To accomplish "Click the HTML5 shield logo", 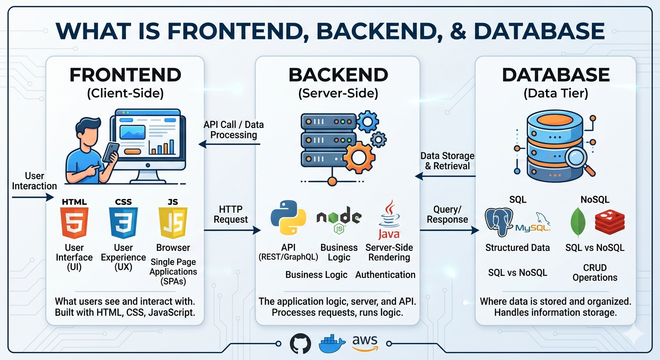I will pyautogui.click(x=74, y=223).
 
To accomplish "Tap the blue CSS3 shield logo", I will pyautogui.click(x=123, y=223).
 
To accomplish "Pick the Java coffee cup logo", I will pyautogui.click(x=389, y=220).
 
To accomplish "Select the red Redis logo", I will pyautogui.click(x=609, y=221).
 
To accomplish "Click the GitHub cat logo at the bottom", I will pyautogui.click(x=300, y=344).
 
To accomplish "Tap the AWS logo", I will pyautogui.click(x=365, y=344).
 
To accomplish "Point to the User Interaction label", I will pyautogui.click(x=34, y=181).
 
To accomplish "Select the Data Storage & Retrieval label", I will pyautogui.click(x=447, y=161).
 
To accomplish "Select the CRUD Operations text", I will pyautogui.click(x=595, y=272).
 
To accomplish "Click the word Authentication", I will pyautogui.click(x=385, y=275).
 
